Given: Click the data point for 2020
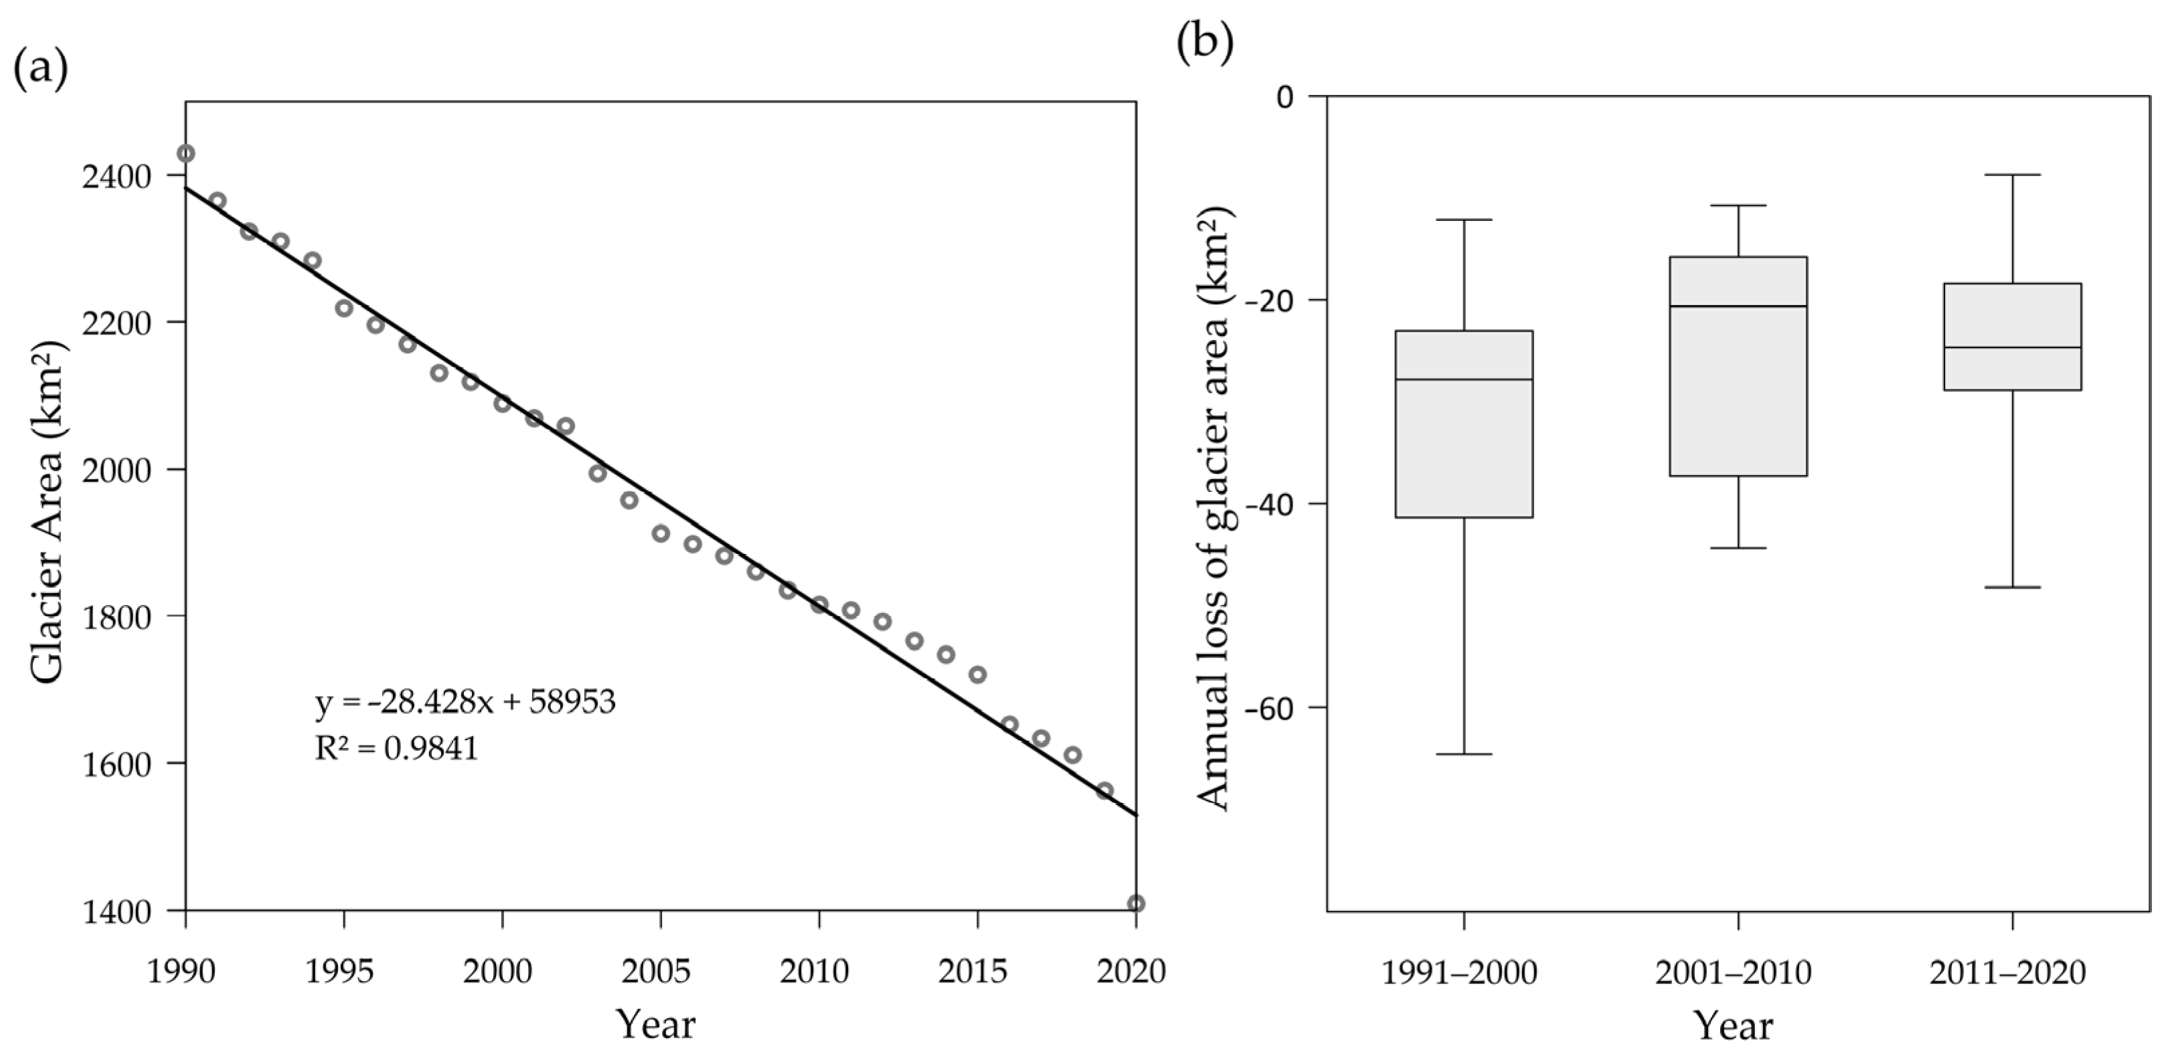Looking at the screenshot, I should [1136, 903].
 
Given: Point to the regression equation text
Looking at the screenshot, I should [465, 703].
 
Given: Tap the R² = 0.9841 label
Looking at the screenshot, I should [396, 748].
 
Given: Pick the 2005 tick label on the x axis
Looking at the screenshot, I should [660, 972].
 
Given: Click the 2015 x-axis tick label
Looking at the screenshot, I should [977, 972].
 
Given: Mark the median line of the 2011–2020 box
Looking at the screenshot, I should [2013, 347].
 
